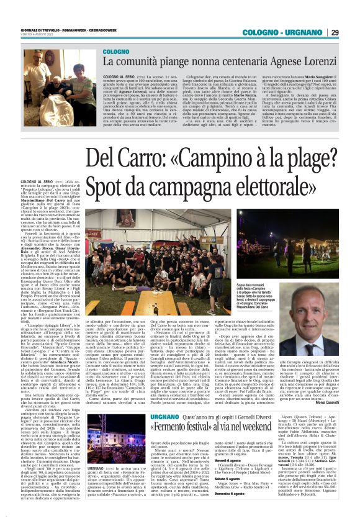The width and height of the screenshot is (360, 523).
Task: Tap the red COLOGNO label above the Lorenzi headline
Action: click(117, 53)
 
